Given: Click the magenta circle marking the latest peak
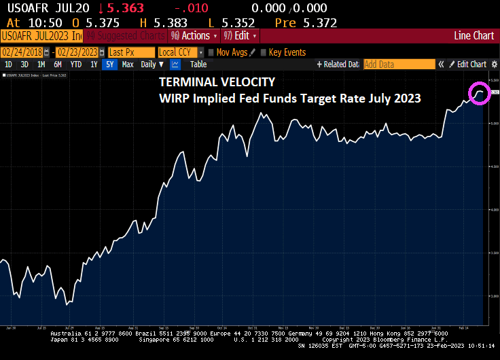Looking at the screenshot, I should coord(480,94).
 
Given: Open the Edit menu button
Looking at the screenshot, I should coord(240,35).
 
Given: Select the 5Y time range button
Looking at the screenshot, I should coord(110,65).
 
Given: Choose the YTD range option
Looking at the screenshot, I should coord(75,65).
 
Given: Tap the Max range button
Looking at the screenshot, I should coord(128,65).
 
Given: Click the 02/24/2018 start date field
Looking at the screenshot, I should coord(22,52).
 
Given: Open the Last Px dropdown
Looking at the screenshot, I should coord(130,52).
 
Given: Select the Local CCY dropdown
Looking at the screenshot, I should coord(178,52).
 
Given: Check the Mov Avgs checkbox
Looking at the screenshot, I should coord(211,52).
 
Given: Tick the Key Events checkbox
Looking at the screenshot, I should coord(264,52).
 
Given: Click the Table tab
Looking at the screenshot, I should coord(198,65).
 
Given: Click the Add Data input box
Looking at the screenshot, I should coord(398,65).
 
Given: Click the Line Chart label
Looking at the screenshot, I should coord(474,35).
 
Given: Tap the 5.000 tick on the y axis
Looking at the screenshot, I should coord(492,124).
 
